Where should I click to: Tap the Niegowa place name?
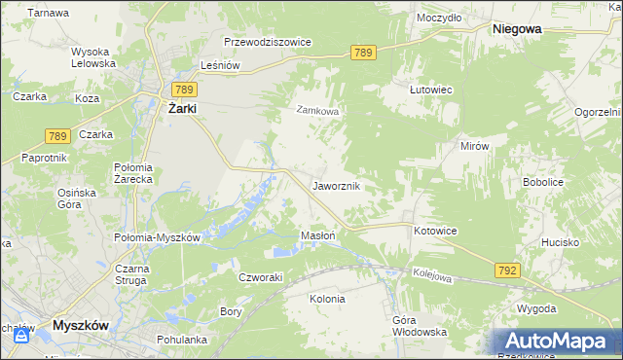coord(517,29)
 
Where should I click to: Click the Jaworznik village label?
coord(337,185)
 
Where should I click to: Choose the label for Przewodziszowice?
coord(267,43)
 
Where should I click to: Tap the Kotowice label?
coord(435,231)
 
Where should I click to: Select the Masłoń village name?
coord(318,235)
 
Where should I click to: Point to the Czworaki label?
coord(260,276)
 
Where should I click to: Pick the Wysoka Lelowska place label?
coord(93,57)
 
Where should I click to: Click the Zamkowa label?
coord(317,111)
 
